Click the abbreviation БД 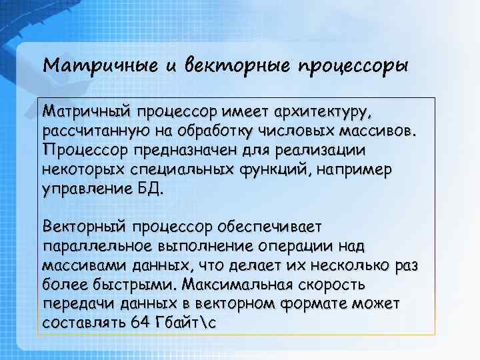150,189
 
